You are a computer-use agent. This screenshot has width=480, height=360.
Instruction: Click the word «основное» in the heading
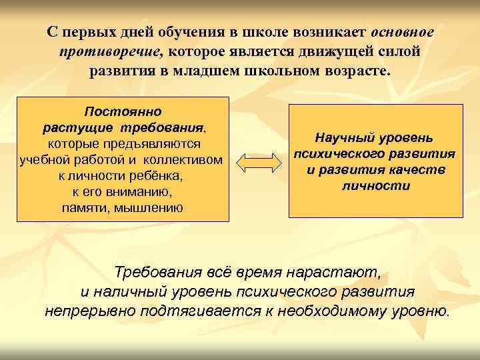tap(402, 32)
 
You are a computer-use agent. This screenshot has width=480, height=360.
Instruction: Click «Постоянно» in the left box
tap(123, 111)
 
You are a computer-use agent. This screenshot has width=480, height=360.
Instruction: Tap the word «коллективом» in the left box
tap(187, 159)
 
